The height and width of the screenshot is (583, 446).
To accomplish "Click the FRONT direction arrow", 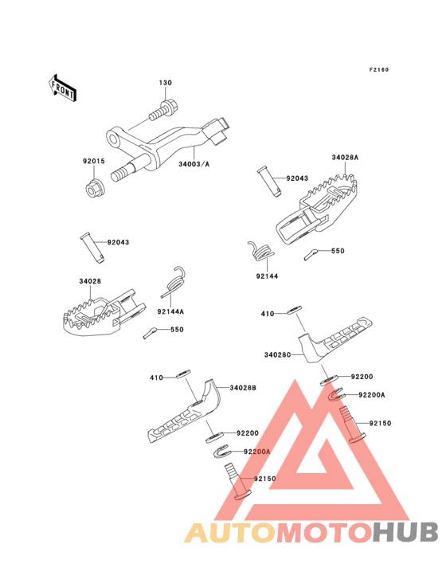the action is (x=62, y=88).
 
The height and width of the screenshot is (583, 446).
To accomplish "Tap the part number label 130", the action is (x=166, y=83).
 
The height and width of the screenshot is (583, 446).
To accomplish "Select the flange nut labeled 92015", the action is (x=95, y=188).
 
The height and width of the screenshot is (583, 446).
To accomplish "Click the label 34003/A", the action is (x=194, y=164).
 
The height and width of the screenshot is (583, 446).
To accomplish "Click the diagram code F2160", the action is (x=379, y=69).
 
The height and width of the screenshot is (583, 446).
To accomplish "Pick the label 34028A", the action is (x=345, y=158).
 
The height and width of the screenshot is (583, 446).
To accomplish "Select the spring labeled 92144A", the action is (x=174, y=282).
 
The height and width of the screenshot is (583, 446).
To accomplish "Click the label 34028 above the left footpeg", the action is (x=90, y=281).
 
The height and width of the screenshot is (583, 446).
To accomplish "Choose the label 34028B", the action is (x=243, y=388).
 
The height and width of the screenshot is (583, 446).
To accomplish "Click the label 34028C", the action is (x=277, y=354).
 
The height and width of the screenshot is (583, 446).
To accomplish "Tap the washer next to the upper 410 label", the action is (x=295, y=310).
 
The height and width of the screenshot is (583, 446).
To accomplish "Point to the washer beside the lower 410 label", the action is (x=183, y=374).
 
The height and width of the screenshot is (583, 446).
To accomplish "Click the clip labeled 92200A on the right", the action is (x=335, y=395).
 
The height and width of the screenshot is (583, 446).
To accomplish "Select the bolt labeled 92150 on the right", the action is (x=351, y=425).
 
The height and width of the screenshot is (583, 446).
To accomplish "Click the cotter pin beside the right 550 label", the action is (x=310, y=254).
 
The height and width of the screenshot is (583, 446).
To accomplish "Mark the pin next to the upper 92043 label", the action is (x=269, y=182).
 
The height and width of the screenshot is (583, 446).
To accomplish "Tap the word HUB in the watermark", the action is (x=406, y=532).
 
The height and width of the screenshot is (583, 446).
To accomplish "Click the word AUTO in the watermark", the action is (x=231, y=532).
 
